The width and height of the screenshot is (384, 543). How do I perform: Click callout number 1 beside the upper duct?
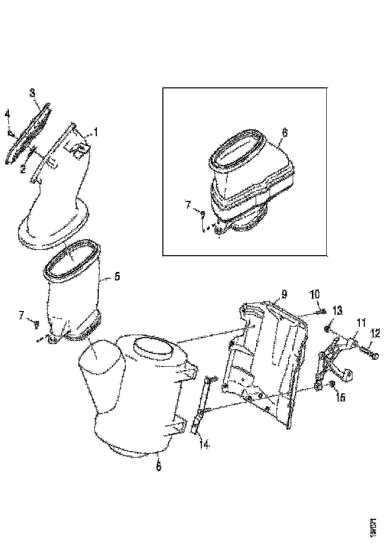click(x=96, y=132)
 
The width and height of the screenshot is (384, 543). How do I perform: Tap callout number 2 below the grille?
click(x=23, y=170)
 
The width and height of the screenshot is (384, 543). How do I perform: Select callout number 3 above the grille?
click(x=32, y=92)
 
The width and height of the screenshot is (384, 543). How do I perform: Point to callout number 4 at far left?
click(x=7, y=115)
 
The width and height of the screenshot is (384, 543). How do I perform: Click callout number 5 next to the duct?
click(x=116, y=276)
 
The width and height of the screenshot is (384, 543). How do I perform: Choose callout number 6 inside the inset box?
click(x=284, y=133)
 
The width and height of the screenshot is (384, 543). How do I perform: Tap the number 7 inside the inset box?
click(x=188, y=204)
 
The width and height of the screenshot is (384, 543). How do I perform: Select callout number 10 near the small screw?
click(x=314, y=295)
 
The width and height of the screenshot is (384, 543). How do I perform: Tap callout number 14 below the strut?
click(x=204, y=444)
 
